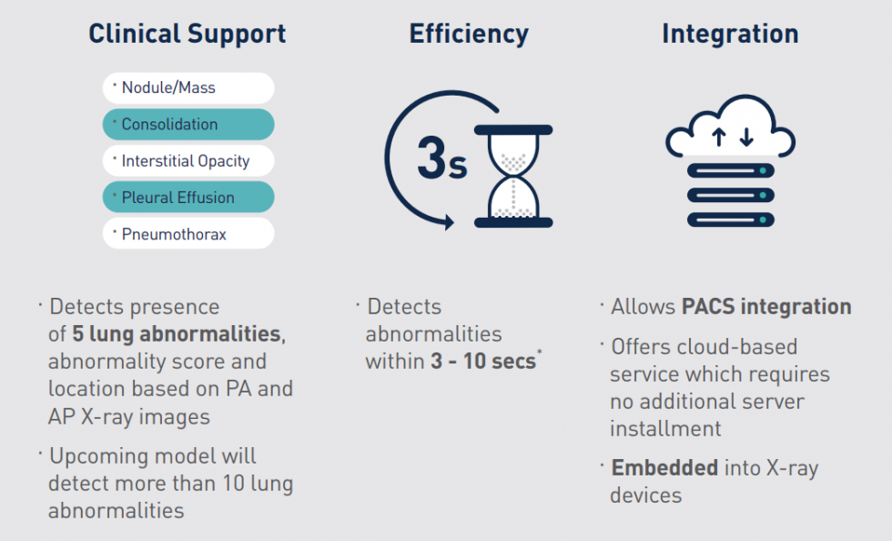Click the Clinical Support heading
(188, 35)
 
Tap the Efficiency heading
(469, 35)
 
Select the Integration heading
(730, 35)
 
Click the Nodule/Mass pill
(188, 87)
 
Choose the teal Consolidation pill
(188, 124)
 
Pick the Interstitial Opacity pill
(188, 160)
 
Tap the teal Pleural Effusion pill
(188, 197)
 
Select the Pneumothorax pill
(188, 233)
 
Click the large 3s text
(442, 158)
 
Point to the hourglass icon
(513, 176)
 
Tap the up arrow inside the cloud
(718, 138)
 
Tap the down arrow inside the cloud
(746, 138)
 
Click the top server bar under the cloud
(730, 171)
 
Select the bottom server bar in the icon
(730, 219)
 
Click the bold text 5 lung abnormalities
(177, 334)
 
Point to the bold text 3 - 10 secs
(483, 362)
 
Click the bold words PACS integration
(766, 307)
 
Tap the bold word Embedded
(664, 468)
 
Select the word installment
(665, 429)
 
